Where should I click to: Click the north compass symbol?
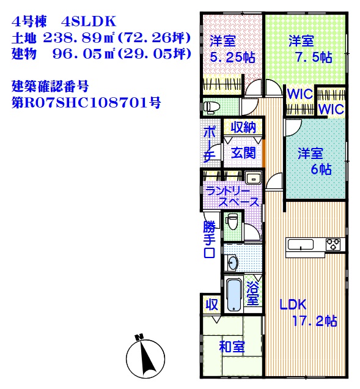[145, 357]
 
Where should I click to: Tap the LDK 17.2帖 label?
[308, 313]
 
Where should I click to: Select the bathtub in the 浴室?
[234, 295]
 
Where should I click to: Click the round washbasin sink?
[233, 262]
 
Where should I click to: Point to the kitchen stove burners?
[333, 244]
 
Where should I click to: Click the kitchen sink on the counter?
[301, 245]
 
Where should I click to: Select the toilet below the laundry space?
[232, 221]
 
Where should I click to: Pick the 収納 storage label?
[243, 127]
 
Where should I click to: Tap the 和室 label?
[232, 347]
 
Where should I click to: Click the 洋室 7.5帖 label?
[310, 49]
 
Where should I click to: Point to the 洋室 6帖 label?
[314, 161]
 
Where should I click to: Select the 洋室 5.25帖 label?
[232, 50]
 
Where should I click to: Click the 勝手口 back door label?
[210, 239]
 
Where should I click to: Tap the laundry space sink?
[253, 178]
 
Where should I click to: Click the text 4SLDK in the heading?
[89, 21]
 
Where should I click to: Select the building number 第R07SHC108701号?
[86, 102]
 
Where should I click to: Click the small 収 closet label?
[212, 304]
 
